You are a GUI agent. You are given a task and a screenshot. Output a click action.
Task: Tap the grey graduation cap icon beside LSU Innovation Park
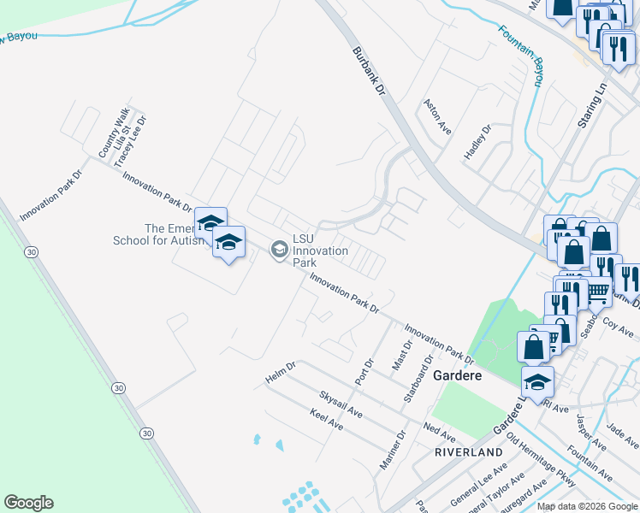278,250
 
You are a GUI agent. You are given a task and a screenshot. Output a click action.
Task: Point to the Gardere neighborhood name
458,375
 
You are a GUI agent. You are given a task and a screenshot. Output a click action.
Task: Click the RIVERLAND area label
468,451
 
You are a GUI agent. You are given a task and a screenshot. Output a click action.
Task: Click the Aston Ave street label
436,115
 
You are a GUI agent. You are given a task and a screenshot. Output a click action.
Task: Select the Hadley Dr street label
477,142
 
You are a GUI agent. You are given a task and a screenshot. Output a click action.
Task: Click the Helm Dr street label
281,372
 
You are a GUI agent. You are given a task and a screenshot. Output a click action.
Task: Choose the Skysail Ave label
341,405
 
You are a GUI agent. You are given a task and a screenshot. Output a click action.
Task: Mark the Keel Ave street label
326,419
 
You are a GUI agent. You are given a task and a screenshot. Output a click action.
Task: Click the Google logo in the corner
28,503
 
